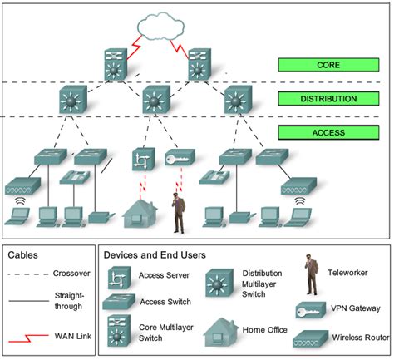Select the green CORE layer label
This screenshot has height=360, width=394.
(330, 64)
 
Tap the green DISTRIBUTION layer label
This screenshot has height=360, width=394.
(330, 99)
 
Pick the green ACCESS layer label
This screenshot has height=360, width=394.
(330, 132)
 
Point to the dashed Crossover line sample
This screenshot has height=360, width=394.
(29, 275)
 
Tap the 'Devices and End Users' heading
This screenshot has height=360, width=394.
(155, 255)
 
